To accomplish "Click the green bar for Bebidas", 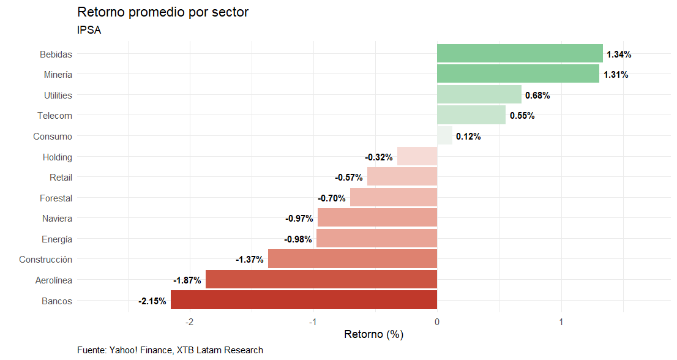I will coord(520,54).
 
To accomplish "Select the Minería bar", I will coord(518,75).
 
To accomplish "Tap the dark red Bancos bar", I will coord(304,301).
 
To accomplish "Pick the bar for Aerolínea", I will coord(321,280).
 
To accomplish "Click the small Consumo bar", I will coord(444,136).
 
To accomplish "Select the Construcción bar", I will coord(353,260).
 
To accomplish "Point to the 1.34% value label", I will coord(619,54).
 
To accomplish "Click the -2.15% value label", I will coord(152,301).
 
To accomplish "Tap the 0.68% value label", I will coord(537,96).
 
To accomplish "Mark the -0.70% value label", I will coord(332,198).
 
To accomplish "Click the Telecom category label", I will coord(54,116).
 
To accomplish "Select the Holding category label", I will coord(57,157).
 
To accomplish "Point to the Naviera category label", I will coord(57,219).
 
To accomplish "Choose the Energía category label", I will coord(56,239).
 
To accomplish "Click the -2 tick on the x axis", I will coord(189,322).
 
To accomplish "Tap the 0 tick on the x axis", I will coord(437,322).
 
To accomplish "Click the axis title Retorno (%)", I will coord(373,335).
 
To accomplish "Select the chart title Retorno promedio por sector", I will coord(163,12).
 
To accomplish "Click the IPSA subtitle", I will coord(89,30).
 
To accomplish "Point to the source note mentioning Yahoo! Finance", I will coord(170,350).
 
